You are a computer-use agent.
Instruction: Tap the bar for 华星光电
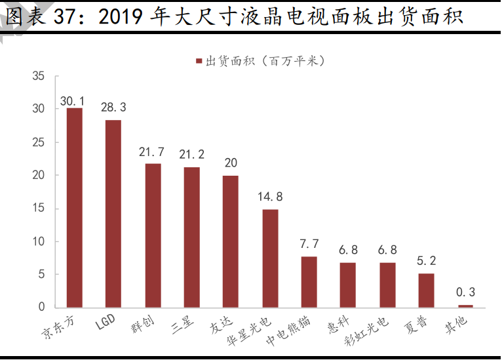[x=270, y=258]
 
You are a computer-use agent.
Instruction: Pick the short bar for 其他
[x=465, y=306]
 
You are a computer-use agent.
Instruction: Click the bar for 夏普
[x=426, y=290]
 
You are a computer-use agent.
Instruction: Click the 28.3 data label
[x=113, y=107]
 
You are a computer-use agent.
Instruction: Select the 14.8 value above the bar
[x=270, y=196]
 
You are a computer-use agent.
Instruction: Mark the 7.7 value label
[x=309, y=243]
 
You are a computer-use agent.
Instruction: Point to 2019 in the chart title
[x=122, y=17]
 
